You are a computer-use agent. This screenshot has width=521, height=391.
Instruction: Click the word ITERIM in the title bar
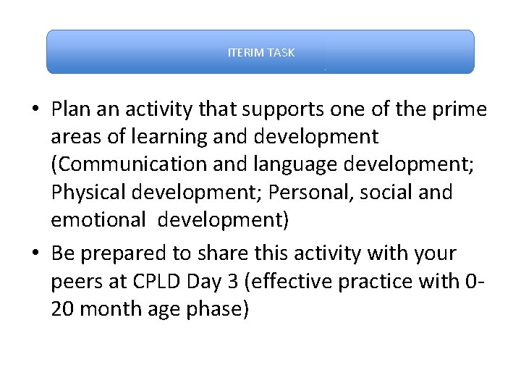tap(245, 53)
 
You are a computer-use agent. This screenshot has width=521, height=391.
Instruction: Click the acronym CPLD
tap(148, 282)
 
